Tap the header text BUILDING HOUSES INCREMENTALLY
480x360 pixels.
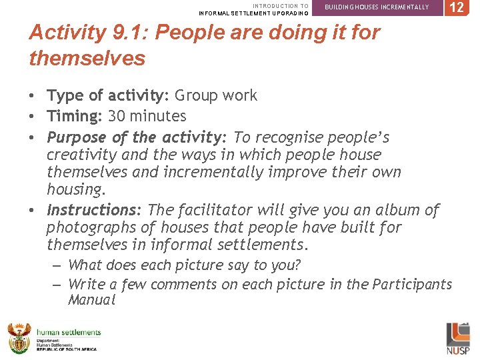pos(377,7)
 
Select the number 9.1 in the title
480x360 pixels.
pos(125,32)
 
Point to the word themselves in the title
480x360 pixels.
pos(87,58)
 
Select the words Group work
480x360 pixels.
pos(216,95)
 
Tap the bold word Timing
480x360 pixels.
pos(73,116)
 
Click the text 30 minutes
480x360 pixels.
pos(147,116)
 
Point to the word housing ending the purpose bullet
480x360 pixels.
pos(75,189)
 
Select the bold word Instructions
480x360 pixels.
pos(93,210)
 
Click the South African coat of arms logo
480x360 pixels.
pos(19,338)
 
